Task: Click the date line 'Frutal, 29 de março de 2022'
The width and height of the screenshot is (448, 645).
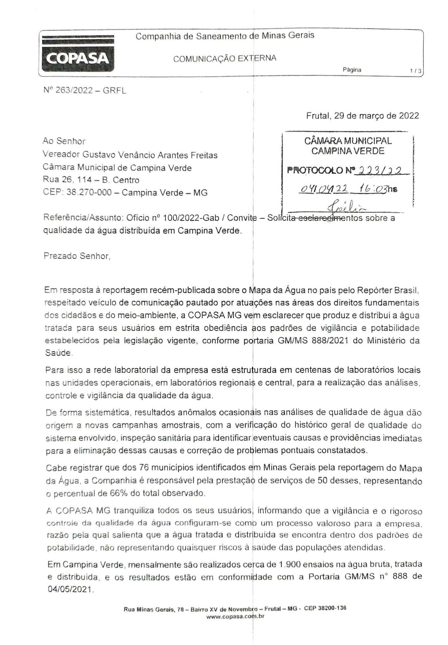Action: click(x=363, y=116)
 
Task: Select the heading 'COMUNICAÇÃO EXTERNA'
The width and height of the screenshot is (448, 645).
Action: click(x=225, y=58)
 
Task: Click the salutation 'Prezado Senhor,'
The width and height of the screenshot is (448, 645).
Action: click(x=77, y=257)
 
